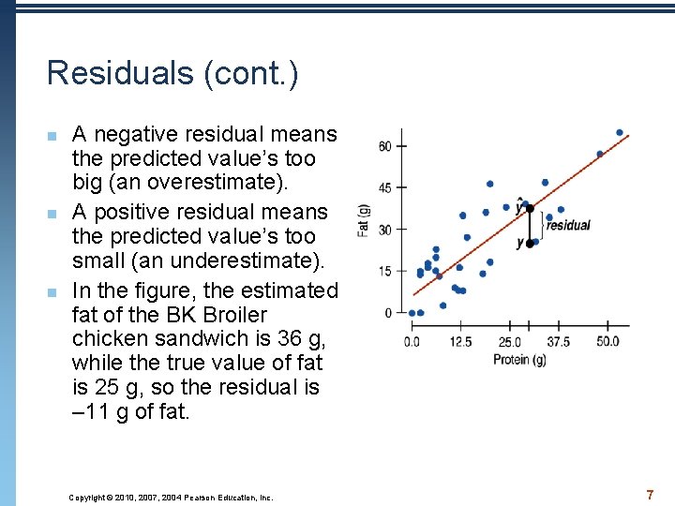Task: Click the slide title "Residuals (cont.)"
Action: pos(172,73)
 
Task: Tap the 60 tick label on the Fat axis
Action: pos(385,146)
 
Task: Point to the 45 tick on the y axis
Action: pos(385,187)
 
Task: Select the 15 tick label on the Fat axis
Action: pos(385,272)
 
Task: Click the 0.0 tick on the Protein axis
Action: pos(412,342)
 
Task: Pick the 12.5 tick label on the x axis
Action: pos(460,342)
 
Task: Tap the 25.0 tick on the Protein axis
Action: pos(510,342)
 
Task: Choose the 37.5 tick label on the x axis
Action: pos(559,342)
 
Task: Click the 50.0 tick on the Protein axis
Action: pos(607,342)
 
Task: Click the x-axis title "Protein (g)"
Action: pos(519,360)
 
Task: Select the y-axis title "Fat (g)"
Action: pos(363,221)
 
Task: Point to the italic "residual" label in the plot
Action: pos(568,225)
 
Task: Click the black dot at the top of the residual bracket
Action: pos(530,208)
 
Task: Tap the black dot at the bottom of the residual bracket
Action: pos(530,243)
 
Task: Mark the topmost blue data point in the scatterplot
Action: pos(620,132)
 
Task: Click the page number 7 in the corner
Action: pos(649,494)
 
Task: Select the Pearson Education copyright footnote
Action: pos(171,498)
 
